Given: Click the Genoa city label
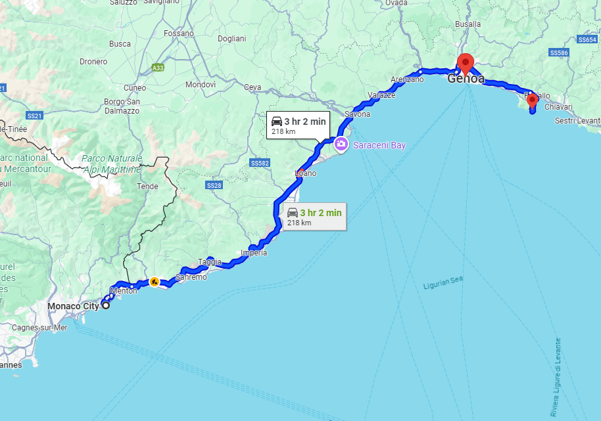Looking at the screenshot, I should point(466,79).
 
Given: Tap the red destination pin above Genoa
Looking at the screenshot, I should point(466,63).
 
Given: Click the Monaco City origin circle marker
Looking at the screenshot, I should point(105,305).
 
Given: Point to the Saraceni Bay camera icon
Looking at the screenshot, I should point(341,144).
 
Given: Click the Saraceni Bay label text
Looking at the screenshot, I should point(379,145).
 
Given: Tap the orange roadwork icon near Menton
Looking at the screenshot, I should point(154,282).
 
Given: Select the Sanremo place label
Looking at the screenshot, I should point(191,277).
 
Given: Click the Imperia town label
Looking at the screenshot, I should point(254,253).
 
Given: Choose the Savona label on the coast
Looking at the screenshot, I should point(358,114).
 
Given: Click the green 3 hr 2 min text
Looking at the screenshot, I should point(321,213).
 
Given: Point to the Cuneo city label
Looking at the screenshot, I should point(135,88).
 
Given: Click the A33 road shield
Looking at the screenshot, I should point(157,68).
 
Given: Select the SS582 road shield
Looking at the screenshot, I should point(260,162).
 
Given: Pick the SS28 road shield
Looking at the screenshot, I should point(214,186).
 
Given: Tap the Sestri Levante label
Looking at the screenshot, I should point(577,121).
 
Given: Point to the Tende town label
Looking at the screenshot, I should point(147,187).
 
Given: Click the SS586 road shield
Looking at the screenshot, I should point(559,53).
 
